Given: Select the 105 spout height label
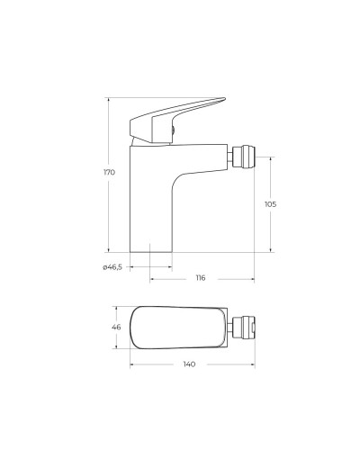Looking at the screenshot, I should point(271,204).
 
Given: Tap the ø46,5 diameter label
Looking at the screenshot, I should point(112,267).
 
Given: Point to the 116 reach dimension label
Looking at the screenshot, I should point(200,278).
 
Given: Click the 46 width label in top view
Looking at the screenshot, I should point(116,328).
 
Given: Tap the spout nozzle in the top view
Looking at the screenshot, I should point(246,328).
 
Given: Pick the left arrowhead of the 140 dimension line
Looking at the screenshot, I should point(132,364).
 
